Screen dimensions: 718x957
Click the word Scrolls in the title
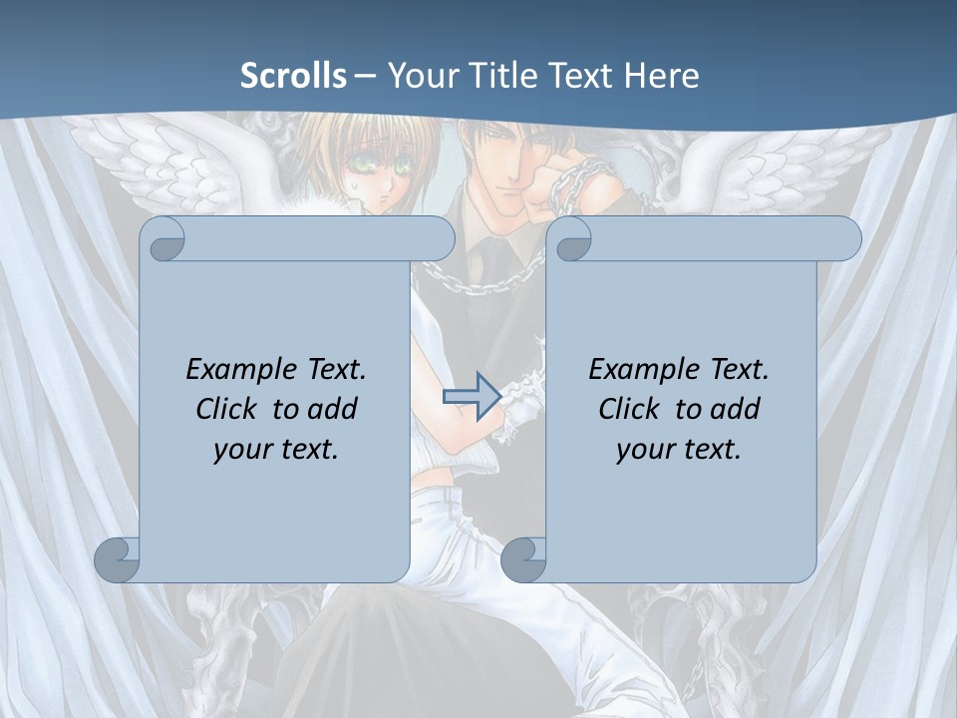[293, 76]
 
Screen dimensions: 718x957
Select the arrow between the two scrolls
[471, 397]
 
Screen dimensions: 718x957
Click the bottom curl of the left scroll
[118, 560]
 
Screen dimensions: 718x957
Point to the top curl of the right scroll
[570, 239]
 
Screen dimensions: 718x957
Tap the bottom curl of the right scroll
[523, 560]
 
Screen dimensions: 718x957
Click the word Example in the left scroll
[237, 370]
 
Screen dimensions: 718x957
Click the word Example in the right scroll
[640, 370]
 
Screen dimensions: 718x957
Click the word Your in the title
[419, 76]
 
